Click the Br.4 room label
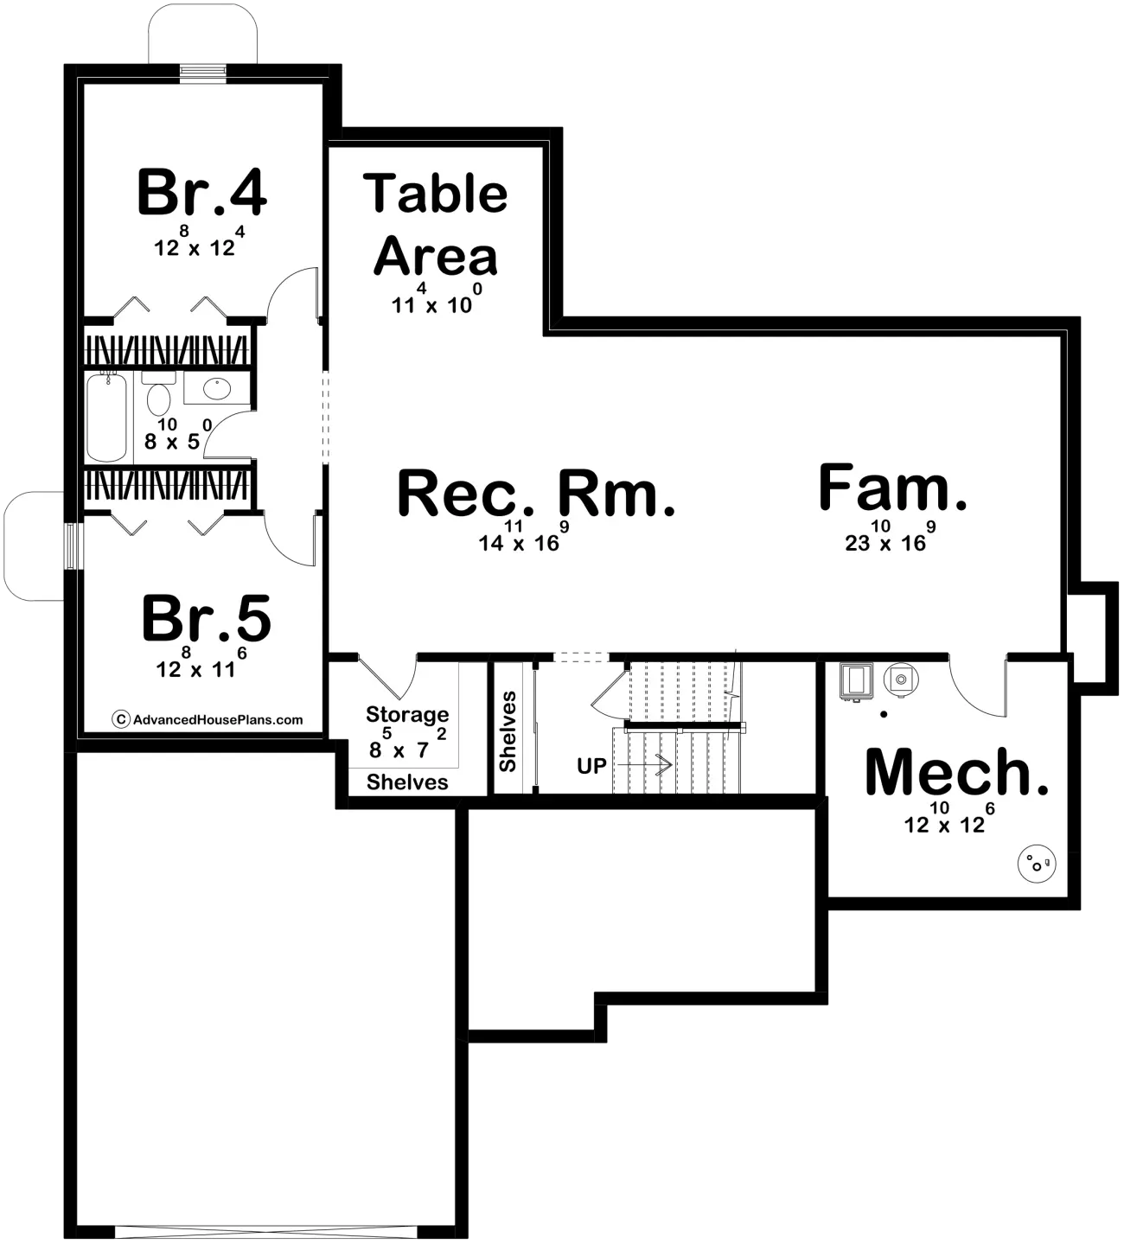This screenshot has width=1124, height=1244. (202, 192)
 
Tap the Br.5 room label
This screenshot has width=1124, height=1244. (206, 618)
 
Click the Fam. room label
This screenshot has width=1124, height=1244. (892, 488)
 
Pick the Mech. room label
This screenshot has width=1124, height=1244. (956, 771)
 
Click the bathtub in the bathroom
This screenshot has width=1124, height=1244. (107, 417)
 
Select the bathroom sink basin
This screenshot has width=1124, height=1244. (217, 389)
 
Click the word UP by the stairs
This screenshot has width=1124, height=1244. (591, 767)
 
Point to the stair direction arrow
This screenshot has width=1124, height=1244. (645, 764)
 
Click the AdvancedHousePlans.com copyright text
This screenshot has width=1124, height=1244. (208, 719)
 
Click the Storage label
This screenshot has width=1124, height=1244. (407, 714)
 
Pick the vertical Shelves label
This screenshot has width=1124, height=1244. (508, 731)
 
